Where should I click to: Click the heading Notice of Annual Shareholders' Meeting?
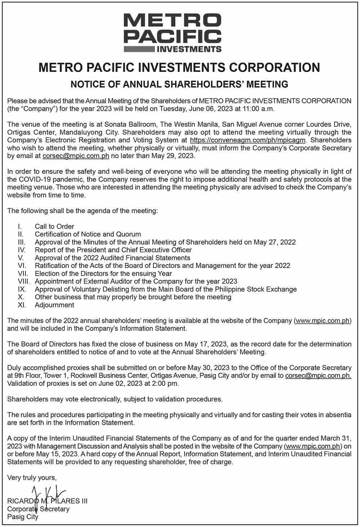coord(179,85)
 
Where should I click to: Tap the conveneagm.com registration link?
coord(248,140)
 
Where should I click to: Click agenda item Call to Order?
coord(54,227)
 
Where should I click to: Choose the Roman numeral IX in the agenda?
coord(22,289)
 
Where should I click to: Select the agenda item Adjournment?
coord(54,305)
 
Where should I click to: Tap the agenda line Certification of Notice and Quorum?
coord(88,234)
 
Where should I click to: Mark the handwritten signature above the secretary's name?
coord(48,495)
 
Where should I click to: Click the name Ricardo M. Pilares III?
coord(47,501)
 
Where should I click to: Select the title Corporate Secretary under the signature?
coord(38,509)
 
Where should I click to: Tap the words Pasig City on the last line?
coord(23,517)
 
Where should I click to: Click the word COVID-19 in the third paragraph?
coord(36,179)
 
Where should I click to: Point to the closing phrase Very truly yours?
coord(32,478)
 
